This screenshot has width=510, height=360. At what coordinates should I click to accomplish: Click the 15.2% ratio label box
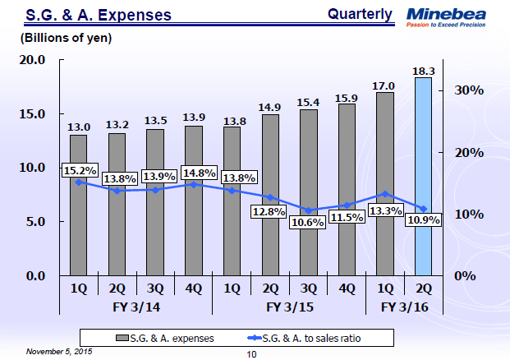tap(80, 171)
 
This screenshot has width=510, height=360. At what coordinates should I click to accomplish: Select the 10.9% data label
tap(425, 220)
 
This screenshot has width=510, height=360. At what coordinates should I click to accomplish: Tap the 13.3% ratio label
tap(385, 210)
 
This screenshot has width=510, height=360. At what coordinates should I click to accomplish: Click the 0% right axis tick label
tap(464, 275)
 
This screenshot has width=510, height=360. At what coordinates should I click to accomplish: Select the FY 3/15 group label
tap(289, 306)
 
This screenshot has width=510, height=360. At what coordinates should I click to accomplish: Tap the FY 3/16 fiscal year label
tap(404, 306)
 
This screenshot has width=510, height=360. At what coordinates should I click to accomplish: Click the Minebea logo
tap(454, 17)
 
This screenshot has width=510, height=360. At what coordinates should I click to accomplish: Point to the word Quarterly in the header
tap(360, 14)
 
